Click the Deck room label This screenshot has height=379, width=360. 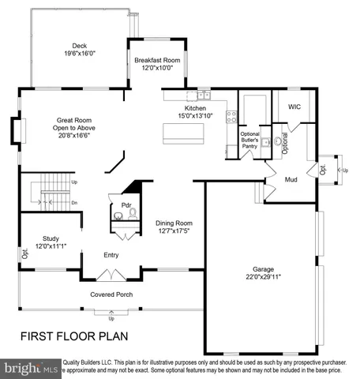point(79,46)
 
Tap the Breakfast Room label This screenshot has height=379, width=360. point(158,60)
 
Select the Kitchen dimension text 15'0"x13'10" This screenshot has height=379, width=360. point(195,117)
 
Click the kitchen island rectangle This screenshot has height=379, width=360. point(182,133)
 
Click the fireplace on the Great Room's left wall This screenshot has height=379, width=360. point(15,129)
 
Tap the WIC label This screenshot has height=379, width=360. point(294,107)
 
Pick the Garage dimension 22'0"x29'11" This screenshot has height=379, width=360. point(263,276)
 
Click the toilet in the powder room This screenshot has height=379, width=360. point(132,214)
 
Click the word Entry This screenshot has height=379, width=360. point(111,255)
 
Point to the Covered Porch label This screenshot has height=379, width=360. point(111,295)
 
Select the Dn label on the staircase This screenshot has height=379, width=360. point(74,202)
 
